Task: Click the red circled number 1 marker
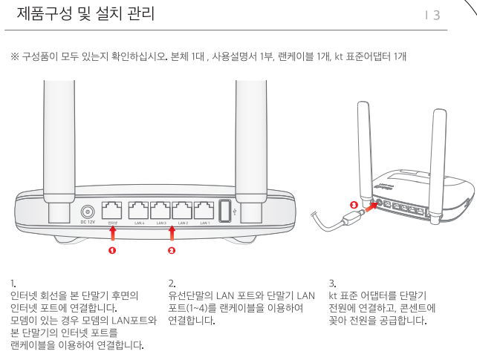(113, 251)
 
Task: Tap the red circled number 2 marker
(172, 251)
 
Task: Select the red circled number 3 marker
(354, 203)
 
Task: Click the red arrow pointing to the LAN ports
(172, 235)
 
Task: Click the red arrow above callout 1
(113, 235)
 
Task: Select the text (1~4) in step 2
(200, 311)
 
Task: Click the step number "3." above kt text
(331, 283)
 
